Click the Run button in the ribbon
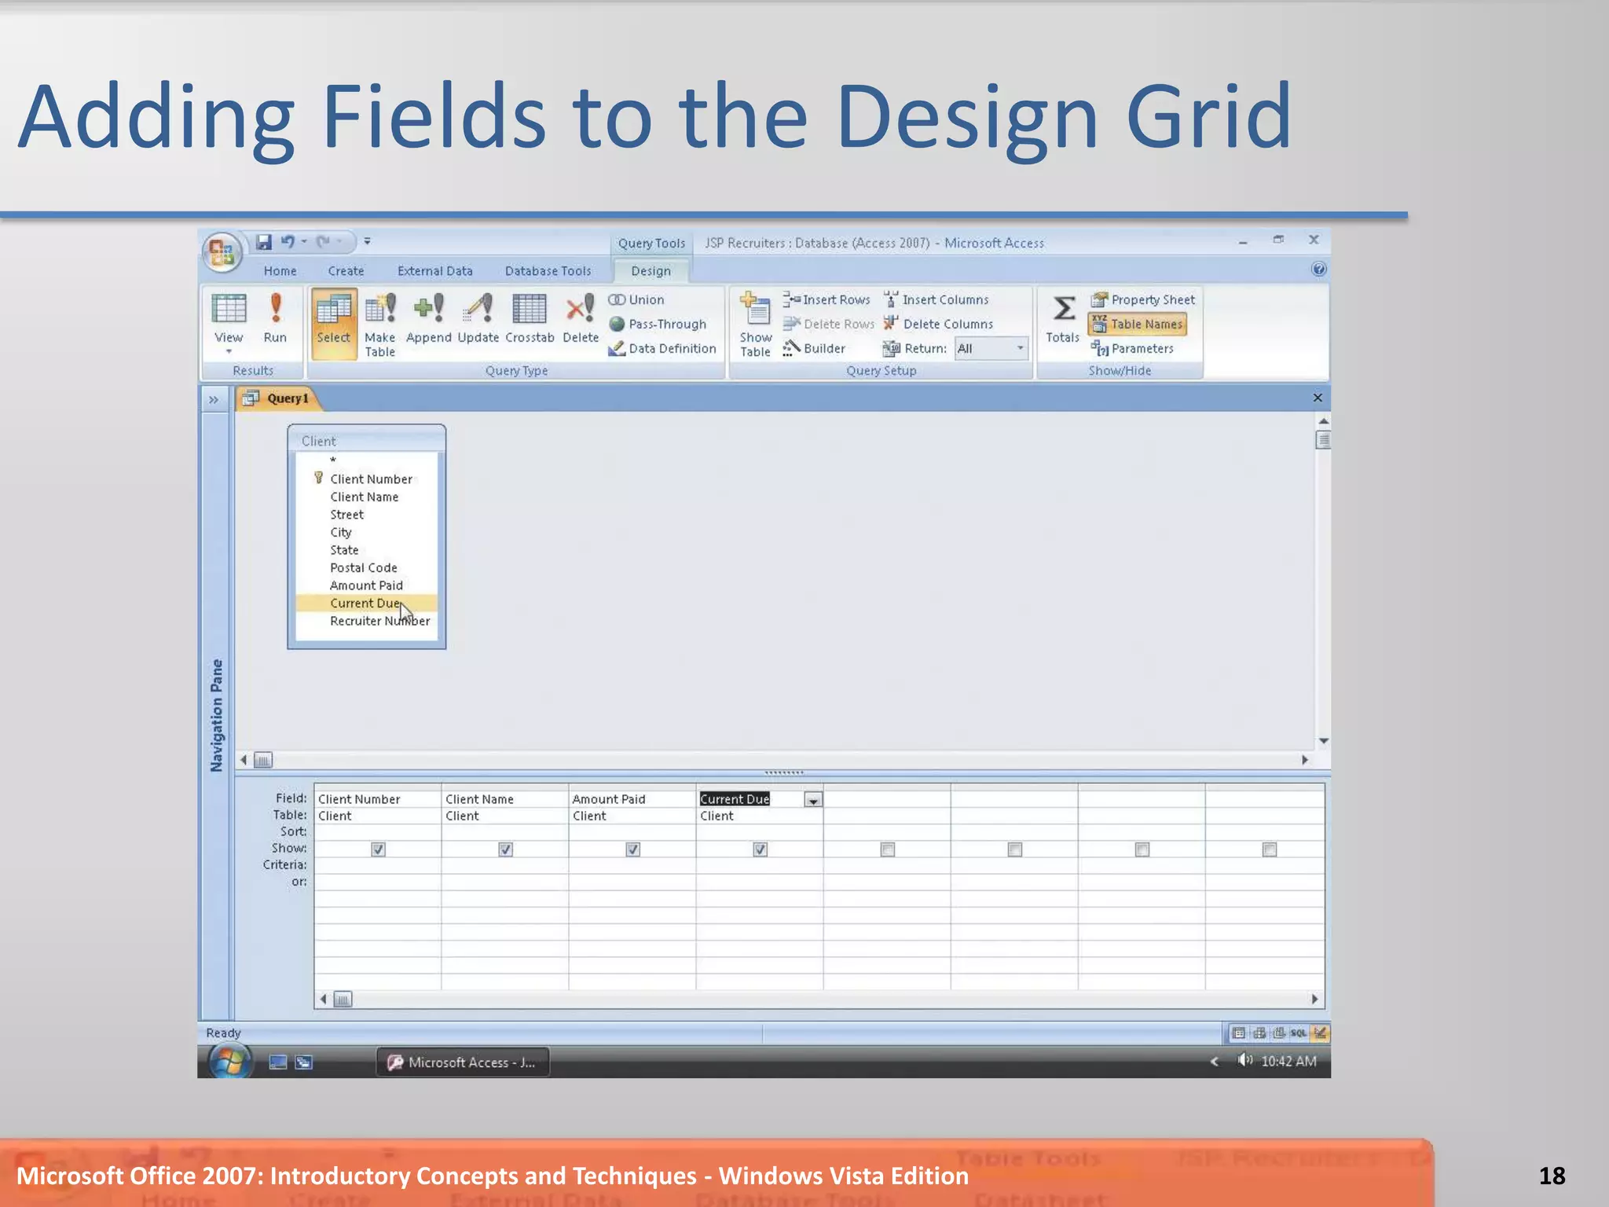(x=275, y=317)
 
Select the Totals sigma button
(x=1063, y=317)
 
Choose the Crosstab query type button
(x=530, y=317)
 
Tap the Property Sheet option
(x=1144, y=299)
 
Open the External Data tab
(x=434, y=271)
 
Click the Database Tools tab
(x=548, y=271)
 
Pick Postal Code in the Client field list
(x=363, y=567)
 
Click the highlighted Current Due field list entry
(x=365, y=603)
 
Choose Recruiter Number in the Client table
(x=379, y=621)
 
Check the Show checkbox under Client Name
(x=505, y=849)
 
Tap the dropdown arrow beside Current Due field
(x=813, y=800)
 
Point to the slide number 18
(x=1552, y=1176)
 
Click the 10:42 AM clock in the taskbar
(x=1288, y=1062)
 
